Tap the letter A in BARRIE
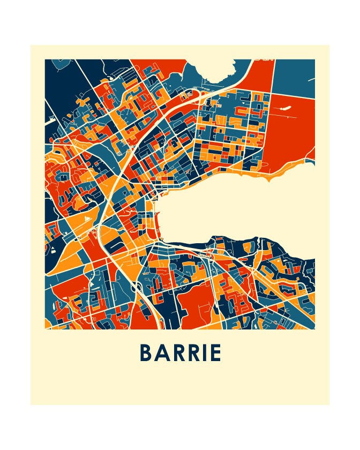point(163,353)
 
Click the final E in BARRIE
point(216,353)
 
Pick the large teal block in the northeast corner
point(293,75)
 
